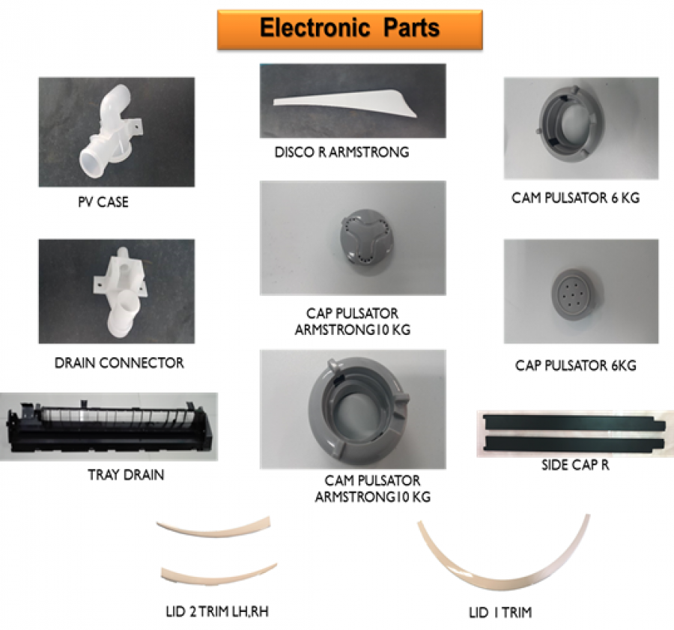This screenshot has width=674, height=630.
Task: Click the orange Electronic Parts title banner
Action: (350, 29)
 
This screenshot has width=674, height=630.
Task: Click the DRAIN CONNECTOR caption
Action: (119, 363)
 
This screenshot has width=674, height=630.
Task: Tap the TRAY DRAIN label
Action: (126, 474)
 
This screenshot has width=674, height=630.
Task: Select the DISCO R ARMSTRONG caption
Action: (341, 152)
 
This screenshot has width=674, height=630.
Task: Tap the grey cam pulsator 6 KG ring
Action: (579, 127)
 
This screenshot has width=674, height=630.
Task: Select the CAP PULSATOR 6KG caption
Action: (575, 366)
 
